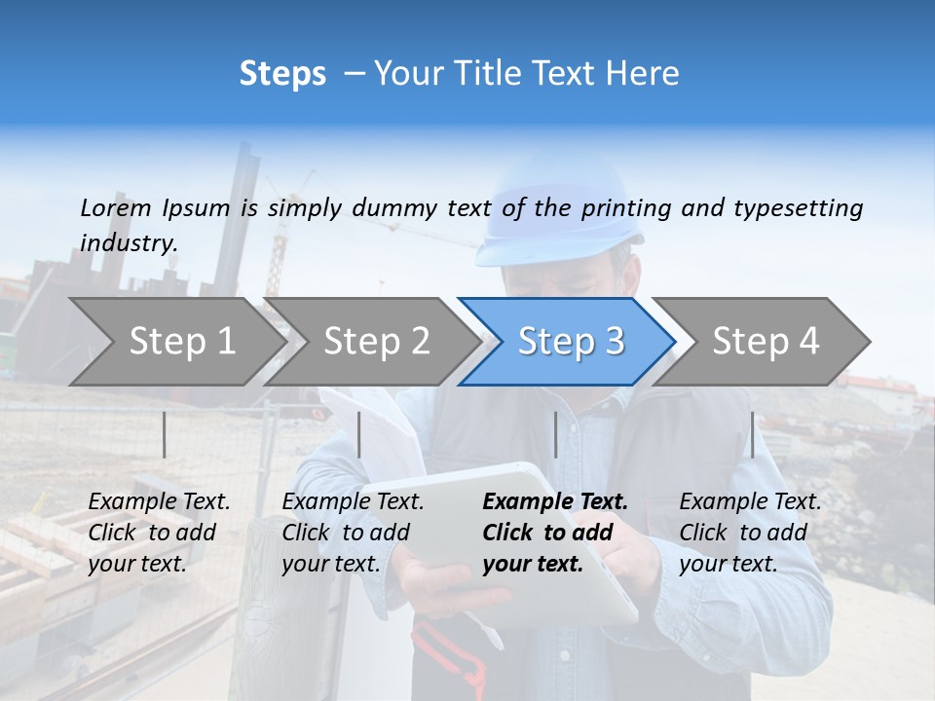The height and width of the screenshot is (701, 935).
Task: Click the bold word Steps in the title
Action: (x=282, y=74)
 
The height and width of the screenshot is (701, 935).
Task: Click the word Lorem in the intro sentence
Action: (x=116, y=207)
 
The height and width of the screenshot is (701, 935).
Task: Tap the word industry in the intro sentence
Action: (x=128, y=242)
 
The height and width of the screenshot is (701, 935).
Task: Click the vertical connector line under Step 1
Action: (x=165, y=434)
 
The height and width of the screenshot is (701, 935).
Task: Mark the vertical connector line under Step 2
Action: (x=359, y=434)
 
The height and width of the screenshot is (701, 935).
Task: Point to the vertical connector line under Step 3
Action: (x=556, y=434)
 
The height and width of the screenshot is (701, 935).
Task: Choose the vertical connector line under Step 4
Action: (x=752, y=434)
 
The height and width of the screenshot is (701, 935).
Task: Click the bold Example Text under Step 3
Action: (x=555, y=502)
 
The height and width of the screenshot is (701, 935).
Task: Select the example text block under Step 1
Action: (x=159, y=533)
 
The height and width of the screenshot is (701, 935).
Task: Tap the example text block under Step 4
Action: (x=750, y=533)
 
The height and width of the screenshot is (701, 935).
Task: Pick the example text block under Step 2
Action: (x=353, y=533)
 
